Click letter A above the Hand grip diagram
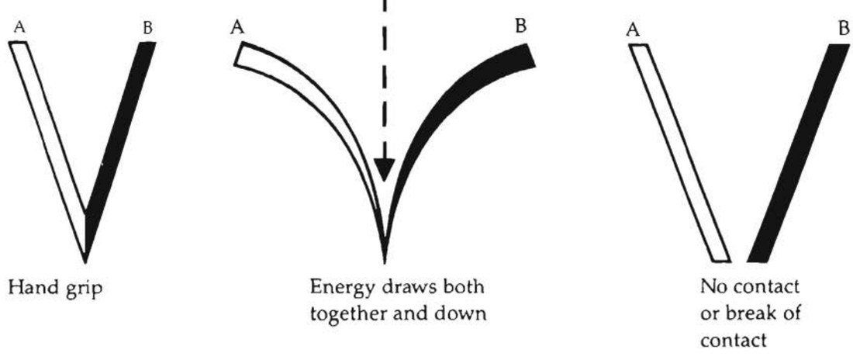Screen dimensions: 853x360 19,29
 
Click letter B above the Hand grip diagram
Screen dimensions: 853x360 147,29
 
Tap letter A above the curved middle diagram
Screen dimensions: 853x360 237,28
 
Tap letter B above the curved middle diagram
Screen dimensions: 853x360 520,26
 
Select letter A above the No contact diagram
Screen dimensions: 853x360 632,31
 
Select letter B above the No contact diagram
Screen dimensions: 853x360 844,29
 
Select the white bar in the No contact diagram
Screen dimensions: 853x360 680,153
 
